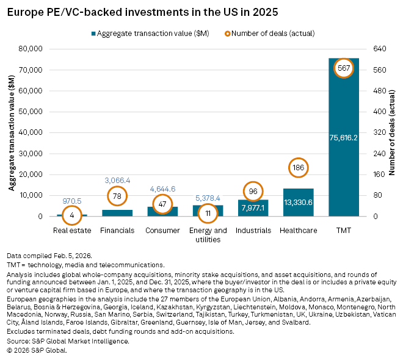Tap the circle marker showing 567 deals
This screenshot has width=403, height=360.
click(x=343, y=69)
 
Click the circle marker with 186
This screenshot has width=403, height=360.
click(x=299, y=167)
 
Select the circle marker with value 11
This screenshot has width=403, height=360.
click(x=208, y=213)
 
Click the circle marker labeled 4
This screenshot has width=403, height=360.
click(x=73, y=215)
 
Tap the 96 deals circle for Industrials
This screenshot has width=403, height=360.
click(x=253, y=192)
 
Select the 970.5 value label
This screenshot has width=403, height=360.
click(x=73, y=200)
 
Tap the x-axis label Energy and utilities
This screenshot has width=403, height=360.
click(x=208, y=235)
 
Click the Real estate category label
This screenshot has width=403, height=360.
click(x=73, y=231)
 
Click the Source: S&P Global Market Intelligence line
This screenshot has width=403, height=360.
click(x=68, y=341)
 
